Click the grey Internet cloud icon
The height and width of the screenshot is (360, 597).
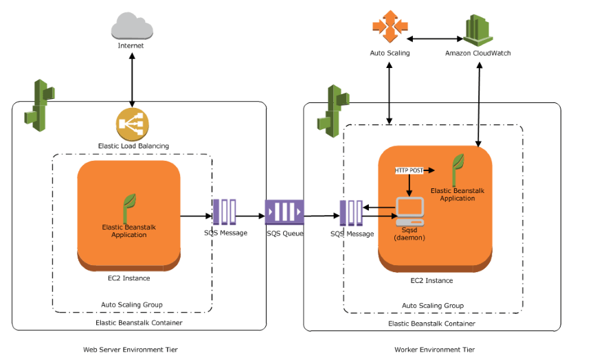pos(131,25)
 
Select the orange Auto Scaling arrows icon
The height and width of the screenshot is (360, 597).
pos(390,27)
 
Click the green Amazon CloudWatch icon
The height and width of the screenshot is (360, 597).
pos(477,29)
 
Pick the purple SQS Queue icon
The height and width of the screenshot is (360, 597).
pos(284,212)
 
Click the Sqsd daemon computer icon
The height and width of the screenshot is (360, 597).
pos(409,212)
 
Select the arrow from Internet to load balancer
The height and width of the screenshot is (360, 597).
pos(132,79)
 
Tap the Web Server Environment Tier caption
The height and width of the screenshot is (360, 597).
pos(130,350)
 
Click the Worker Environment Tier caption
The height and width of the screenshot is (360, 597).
pos(434,350)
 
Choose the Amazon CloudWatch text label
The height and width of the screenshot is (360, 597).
pos(477,53)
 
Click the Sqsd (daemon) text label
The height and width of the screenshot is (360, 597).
pos(411,234)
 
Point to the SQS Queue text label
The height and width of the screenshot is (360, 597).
pos(284,234)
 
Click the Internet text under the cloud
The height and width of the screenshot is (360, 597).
pos(131,46)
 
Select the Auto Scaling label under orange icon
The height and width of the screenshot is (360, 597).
pos(390,53)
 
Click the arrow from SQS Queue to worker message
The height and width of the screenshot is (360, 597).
pos(322,216)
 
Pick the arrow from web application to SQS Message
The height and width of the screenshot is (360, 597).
pos(196,216)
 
